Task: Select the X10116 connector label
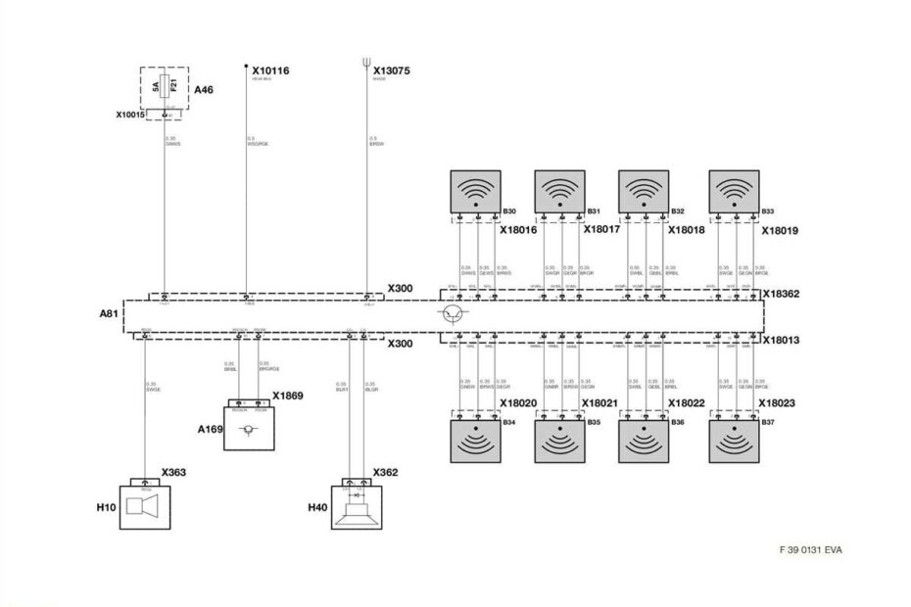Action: point(270,71)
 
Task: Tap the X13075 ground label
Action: point(392,71)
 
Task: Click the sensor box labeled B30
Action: point(474,192)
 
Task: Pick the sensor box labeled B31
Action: point(559,192)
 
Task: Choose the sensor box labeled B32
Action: point(644,192)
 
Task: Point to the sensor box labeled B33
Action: point(735,192)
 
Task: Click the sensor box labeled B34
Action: point(474,440)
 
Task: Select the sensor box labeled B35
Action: point(559,440)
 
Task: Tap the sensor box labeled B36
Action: point(644,440)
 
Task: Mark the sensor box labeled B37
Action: point(735,440)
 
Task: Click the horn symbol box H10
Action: point(145,505)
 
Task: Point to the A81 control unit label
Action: point(110,315)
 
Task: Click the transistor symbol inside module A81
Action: point(452,314)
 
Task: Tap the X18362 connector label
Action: point(782,293)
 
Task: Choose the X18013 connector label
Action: point(782,340)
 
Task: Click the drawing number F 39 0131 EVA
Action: point(810,549)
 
